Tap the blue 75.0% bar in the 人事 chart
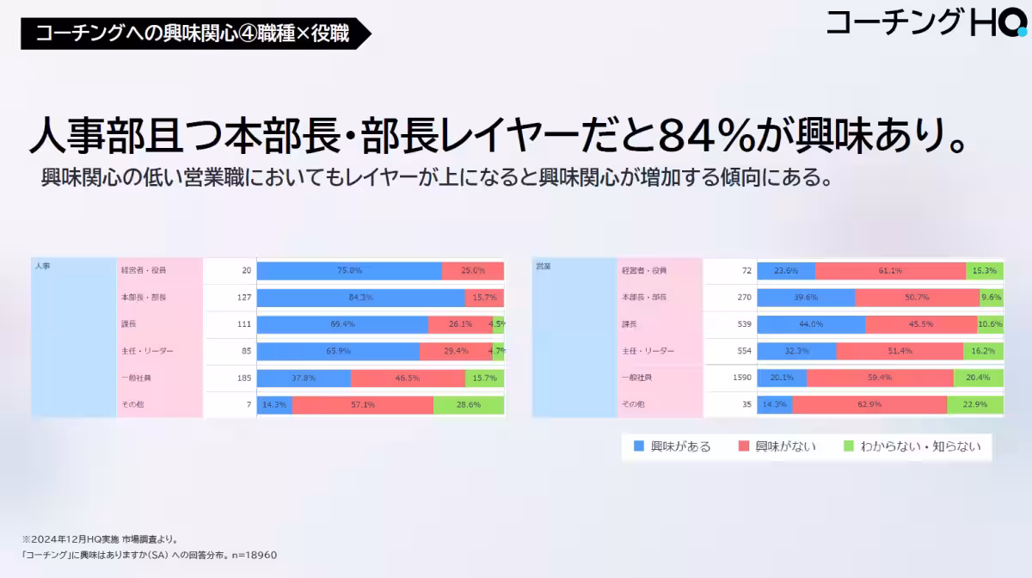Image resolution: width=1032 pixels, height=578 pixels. [349, 270]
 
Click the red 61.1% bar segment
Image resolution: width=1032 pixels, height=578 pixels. [890, 270]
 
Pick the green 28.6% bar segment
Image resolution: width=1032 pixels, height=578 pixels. [469, 404]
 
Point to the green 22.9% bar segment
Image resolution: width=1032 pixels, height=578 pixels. [974, 404]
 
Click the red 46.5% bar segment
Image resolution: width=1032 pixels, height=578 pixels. [408, 378]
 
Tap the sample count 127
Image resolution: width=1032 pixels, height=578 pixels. [243, 298]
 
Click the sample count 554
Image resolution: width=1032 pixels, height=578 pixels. [744, 351]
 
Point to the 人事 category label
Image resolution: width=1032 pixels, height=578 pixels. [43, 267]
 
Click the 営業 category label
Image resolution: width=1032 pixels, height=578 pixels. [543, 267]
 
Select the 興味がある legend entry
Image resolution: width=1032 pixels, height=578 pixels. [672, 446]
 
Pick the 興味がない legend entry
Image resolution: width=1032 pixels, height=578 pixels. [777, 446]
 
